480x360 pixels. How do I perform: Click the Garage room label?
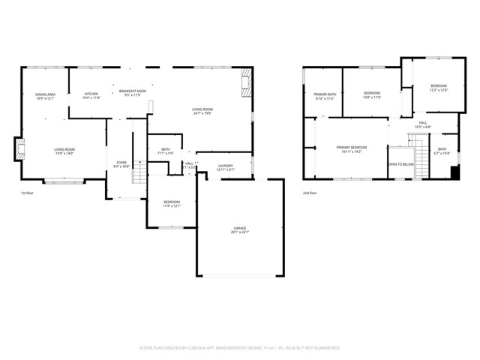pyautogui.click(x=239, y=229)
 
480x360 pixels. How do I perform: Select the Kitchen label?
pyautogui.click(x=90, y=95)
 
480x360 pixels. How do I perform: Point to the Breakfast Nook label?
pyautogui.click(x=131, y=93)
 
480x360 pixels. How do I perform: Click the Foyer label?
pyautogui.click(x=121, y=164)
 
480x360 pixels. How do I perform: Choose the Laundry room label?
pyautogui.click(x=225, y=167)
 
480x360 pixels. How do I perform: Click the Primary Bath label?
pyautogui.click(x=323, y=96)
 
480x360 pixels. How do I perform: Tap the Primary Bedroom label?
pyautogui.click(x=351, y=149)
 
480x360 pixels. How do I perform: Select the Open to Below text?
pyautogui.click(x=400, y=163)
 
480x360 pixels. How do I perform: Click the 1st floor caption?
pyautogui.click(x=28, y=193)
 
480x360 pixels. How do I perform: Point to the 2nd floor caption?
pyautogui.click(x=310, y=193)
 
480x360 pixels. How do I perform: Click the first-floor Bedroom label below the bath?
pyautogui.click(x=172, y=204)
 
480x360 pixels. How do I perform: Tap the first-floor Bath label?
pyautogui.click(x=166, y=151)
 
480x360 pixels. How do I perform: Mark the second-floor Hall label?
pyautogui.click(x=423, y=124)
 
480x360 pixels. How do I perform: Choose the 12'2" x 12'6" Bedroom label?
pyautogui.click(x=438, y=88)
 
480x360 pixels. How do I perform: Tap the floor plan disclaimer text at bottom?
pyautogui.click(x=239, y=348)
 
